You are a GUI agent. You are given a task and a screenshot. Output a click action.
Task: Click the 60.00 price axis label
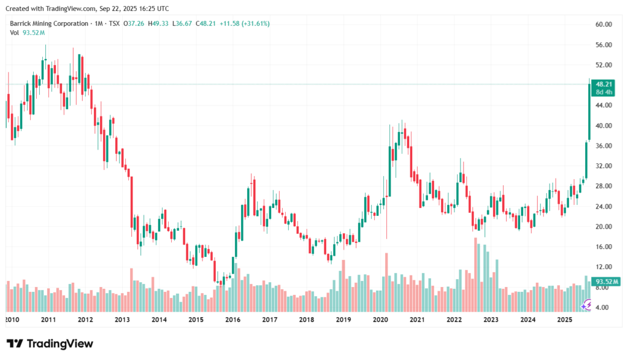[x=604, y=25]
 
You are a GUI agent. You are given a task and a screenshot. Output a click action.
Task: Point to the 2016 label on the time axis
[x=232, y=320]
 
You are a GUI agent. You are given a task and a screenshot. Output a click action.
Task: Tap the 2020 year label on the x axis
[x=380, y=320]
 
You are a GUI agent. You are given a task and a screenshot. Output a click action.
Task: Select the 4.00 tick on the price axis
[x=604, y=307]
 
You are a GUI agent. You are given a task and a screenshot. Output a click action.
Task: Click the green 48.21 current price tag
[x=605, y=84]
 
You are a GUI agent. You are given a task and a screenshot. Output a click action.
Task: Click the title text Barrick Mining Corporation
[x=47, y=23]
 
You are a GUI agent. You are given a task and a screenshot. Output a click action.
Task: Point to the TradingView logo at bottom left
[x=50, y=343]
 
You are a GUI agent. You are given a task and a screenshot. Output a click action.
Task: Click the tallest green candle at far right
[x=589, y=110]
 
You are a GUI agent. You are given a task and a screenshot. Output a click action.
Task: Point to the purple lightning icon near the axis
[x=587, y=305]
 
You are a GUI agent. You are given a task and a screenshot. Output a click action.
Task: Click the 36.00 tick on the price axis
[x=604, y=145]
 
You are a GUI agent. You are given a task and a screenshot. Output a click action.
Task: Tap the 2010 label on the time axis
[x=12, y=320]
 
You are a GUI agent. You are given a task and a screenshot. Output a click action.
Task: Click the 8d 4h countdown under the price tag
[x=605, y=92]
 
